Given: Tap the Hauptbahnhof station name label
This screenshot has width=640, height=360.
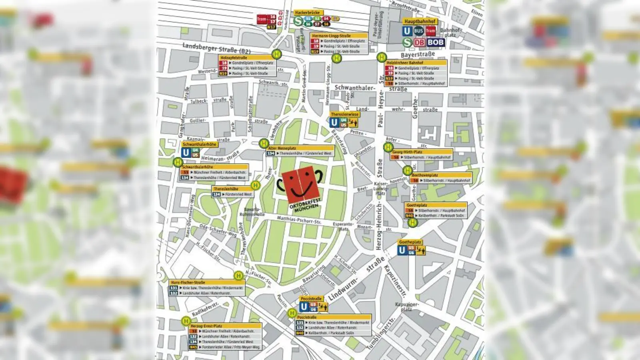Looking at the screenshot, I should point(420,21).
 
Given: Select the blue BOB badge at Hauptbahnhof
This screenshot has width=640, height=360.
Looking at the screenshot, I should point(435,42).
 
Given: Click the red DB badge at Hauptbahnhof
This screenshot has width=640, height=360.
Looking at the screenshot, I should point(419,42).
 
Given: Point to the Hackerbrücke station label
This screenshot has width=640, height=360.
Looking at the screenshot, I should point(307,13).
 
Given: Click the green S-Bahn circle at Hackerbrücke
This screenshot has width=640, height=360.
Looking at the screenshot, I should point(298,21).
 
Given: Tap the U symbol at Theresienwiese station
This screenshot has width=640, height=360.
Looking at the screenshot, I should point(334,122).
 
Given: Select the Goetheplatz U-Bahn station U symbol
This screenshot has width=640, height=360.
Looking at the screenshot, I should point(402,250).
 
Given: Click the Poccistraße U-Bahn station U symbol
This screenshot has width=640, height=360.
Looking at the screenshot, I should point(304,307).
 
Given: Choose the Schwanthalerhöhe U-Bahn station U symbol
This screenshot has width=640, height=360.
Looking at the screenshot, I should point(186,152).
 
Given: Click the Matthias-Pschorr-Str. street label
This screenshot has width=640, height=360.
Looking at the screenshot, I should point(299,220).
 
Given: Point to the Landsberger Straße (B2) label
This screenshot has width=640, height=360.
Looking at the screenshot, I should point(216,48).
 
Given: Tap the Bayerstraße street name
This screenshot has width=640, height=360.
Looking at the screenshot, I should point(418,54).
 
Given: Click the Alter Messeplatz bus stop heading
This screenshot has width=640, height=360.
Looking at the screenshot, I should point(282,148).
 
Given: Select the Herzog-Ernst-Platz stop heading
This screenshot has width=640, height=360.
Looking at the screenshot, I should point(206,326).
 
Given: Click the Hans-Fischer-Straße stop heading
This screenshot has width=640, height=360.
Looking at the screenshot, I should point(188,282).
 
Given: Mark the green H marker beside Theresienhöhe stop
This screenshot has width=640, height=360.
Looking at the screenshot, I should point(255,185).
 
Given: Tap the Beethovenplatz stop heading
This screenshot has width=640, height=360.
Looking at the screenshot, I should point(425,175).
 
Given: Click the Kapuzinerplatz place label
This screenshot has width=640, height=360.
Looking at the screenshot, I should point(407,307).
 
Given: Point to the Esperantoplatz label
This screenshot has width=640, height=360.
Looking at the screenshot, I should point(343,226).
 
